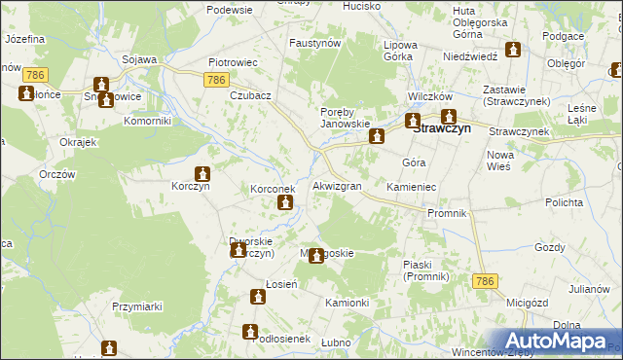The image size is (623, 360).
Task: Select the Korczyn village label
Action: click(x=191, y=185)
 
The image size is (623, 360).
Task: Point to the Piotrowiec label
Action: click(x=233, y=61)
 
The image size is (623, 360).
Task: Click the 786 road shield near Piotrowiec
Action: click(x=217, y=80)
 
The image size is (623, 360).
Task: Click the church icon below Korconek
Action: click(x=284, y=203)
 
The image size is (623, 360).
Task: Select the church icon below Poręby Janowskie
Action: click(x=375, y=138)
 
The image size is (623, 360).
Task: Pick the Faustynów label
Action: click(x=314, y=44)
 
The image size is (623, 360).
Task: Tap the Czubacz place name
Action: click(x=250, y=96)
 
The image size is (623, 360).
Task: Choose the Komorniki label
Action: click(x=148, y=122)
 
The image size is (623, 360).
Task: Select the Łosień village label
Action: click(x=261, y=283)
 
